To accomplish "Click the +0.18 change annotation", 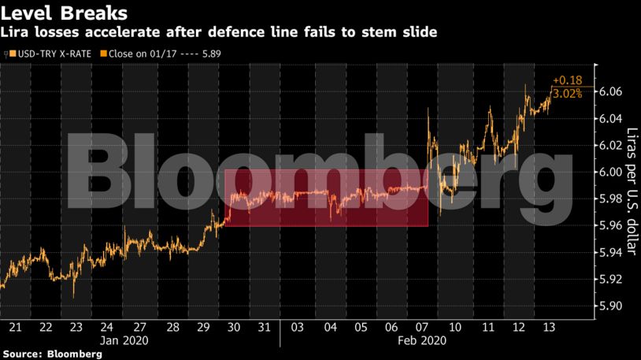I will [x=567, y=80].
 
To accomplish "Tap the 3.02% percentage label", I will [x=567, y=94].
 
